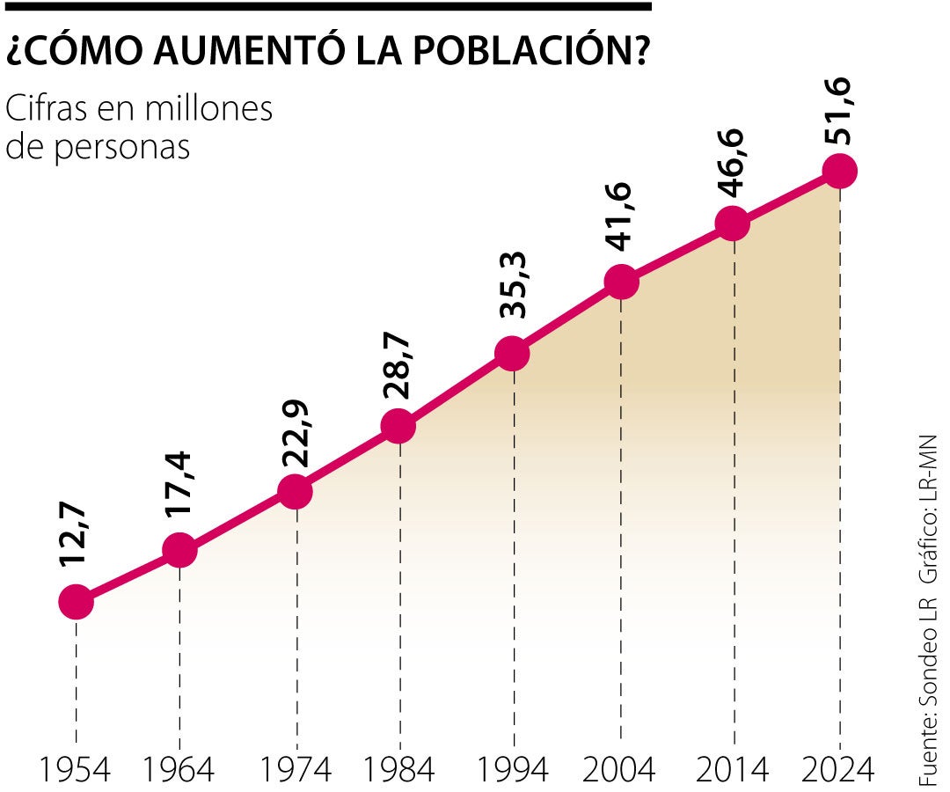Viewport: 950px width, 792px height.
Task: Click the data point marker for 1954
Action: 77,602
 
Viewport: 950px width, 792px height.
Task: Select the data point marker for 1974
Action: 296,491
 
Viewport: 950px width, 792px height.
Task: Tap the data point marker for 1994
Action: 512,354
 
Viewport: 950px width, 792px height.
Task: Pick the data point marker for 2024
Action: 839,171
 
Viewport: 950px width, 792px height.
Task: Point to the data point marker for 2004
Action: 621,282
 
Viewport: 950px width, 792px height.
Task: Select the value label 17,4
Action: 179,490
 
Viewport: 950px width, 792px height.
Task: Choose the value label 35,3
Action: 512,289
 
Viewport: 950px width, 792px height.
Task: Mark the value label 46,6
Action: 731,165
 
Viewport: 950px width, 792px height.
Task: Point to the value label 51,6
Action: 840,107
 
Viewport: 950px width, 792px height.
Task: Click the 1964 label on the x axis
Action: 179,770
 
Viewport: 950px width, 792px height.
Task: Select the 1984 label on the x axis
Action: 398,770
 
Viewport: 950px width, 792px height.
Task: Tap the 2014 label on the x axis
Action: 731,770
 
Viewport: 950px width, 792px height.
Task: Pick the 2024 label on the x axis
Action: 839,770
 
